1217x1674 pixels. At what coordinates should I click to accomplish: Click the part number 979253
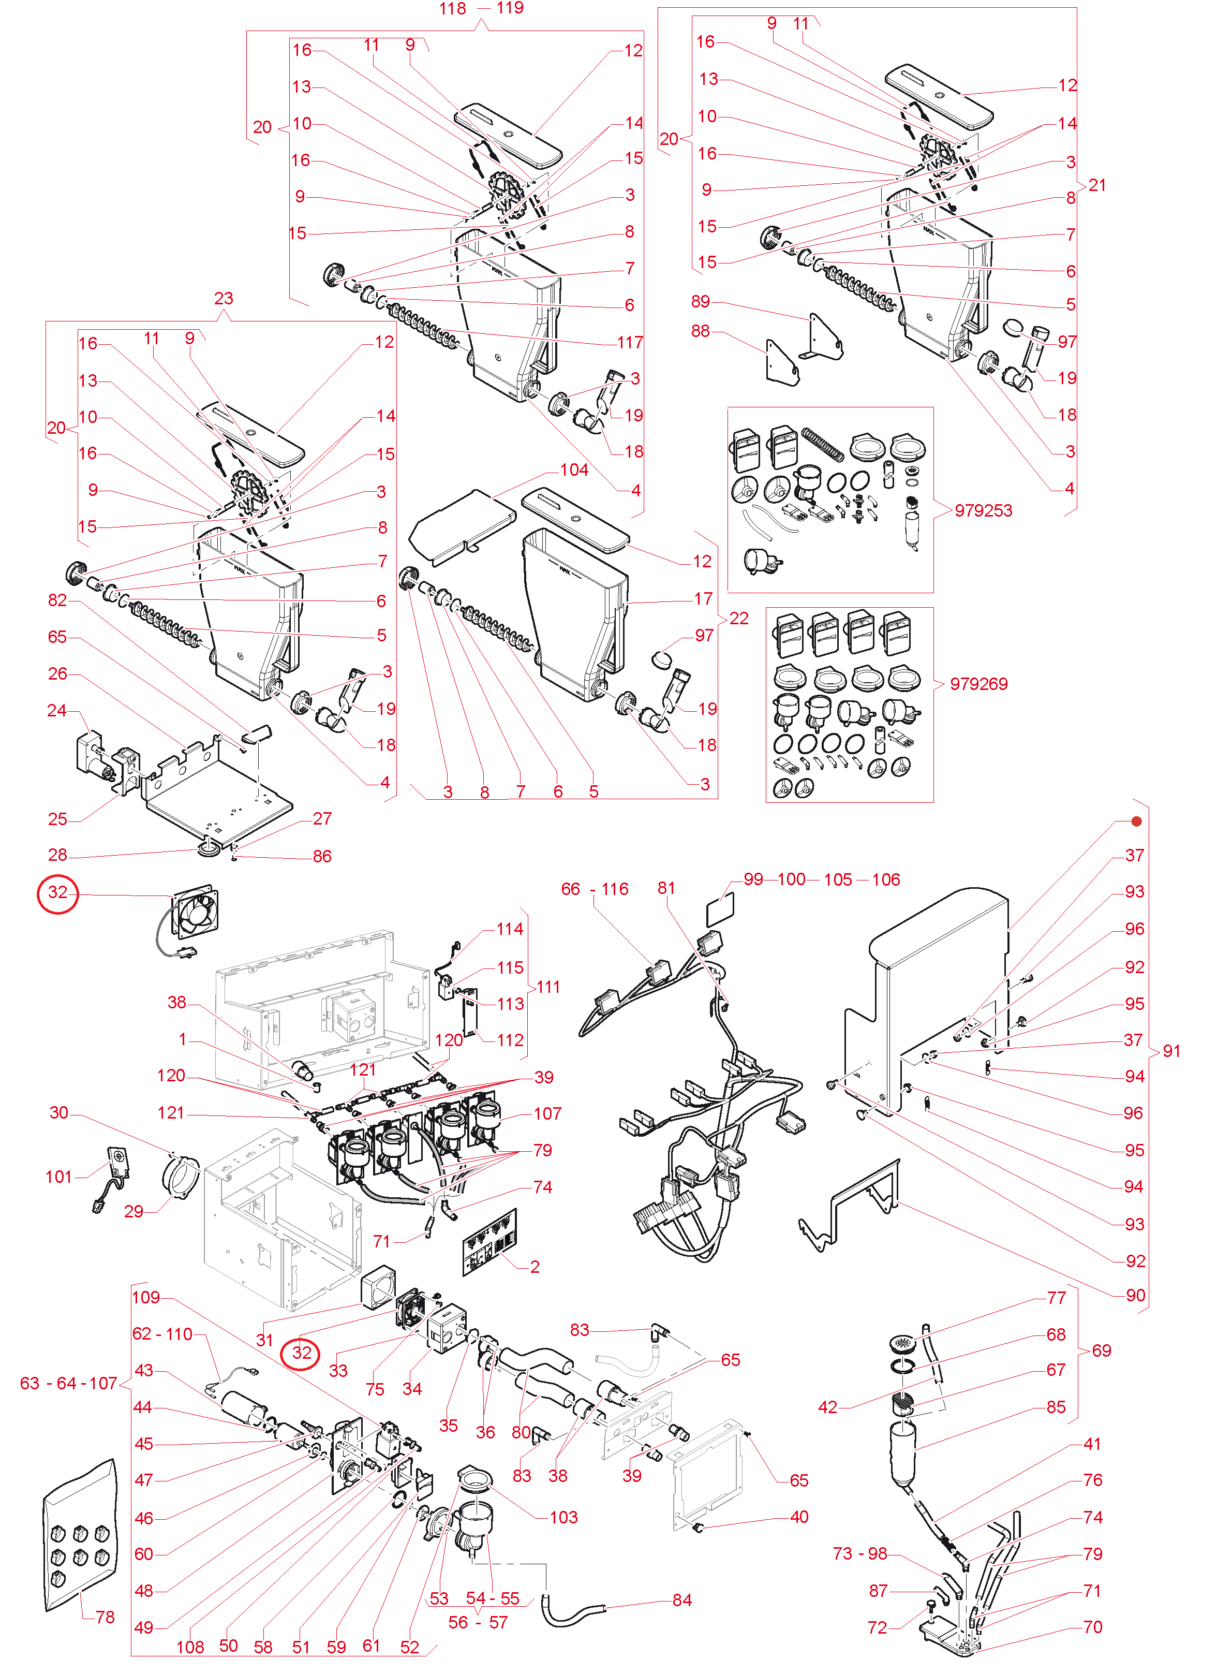[983, 511]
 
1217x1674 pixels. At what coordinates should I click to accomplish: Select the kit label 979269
[978, 684]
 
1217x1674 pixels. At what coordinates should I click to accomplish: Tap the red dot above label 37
[1137, 821]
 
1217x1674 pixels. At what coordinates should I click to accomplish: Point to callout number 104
[574, 470]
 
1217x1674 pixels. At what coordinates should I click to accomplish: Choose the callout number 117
[630, 343]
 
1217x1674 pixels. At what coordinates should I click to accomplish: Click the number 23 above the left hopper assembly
[224, 298]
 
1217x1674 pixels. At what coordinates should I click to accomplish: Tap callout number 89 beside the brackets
[701, 301]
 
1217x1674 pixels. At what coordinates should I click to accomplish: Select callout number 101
[59, 1177]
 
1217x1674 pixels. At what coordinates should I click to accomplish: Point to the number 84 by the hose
[682, 1600]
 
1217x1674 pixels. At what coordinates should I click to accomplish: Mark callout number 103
[564, 1518]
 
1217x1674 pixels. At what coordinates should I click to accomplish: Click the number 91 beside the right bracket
[1171, 1051]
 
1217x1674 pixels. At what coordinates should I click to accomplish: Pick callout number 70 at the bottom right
[1092, 1627]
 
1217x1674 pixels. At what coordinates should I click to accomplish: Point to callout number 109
[146, 1298]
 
